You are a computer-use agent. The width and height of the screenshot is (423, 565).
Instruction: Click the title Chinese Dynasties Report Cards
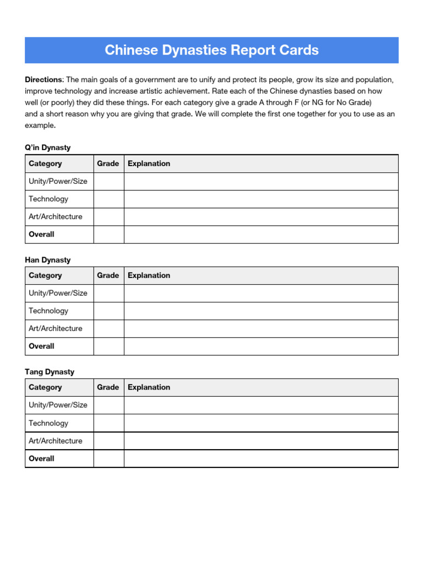point(211,50)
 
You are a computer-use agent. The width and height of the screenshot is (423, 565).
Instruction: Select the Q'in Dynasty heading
point(48,147)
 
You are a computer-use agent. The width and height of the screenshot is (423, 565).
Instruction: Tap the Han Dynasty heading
point(48,259)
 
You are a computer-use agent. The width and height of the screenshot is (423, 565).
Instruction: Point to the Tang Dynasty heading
point(50,371)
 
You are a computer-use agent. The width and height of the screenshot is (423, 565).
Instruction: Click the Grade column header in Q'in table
point(108,163)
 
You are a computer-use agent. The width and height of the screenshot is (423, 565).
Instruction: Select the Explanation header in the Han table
point(149,275)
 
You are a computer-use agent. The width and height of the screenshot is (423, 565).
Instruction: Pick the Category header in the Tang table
point(45,387)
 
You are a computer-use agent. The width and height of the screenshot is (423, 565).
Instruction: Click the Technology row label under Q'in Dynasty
point(48,199)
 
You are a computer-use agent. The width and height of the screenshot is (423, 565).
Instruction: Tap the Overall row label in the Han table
point(41,346)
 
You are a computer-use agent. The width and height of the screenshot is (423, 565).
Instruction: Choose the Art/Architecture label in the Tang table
point(55,440)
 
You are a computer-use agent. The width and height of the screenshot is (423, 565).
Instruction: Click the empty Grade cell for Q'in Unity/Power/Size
point(109,181)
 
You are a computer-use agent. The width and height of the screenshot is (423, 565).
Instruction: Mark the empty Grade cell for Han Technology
point(109,311)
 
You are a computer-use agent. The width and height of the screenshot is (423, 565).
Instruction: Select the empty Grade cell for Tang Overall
point(109,459)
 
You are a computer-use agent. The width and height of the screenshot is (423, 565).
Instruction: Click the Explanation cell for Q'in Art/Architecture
point(261,216)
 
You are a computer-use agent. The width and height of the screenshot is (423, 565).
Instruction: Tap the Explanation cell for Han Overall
point(261,346)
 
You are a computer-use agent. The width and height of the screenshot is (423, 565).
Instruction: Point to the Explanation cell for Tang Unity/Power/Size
point(261,405)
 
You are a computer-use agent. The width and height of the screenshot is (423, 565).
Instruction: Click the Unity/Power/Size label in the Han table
point(58,293)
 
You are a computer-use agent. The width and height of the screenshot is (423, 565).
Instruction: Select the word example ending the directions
point(40,125)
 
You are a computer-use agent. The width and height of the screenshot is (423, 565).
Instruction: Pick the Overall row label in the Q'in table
point(41,234)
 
